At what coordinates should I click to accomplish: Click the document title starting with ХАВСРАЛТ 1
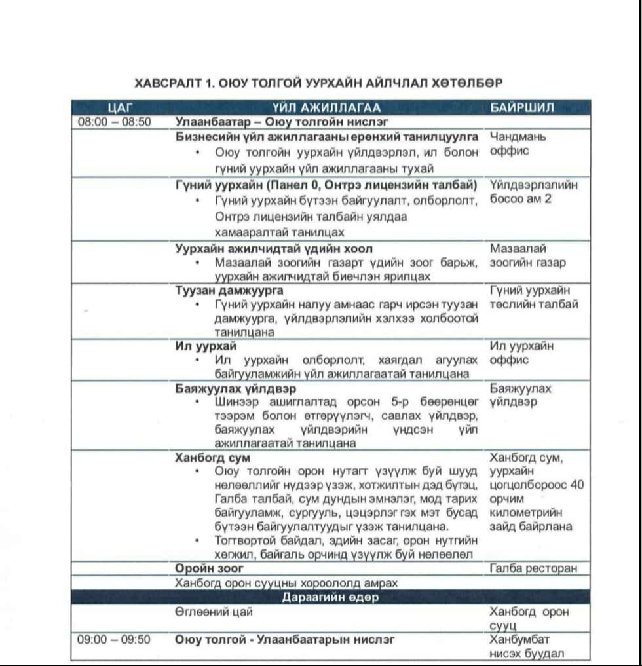[318, 83]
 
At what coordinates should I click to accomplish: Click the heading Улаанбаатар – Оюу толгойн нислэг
[282, 122]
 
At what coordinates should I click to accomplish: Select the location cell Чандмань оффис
[518, 144]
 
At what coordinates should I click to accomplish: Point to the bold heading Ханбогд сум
[212, 458]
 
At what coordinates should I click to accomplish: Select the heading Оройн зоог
[209, 568]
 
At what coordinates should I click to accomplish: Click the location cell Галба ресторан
[534, 568]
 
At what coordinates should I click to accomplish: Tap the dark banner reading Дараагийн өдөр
[330, 597]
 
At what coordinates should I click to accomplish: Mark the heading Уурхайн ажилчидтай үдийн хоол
[274, 249]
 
